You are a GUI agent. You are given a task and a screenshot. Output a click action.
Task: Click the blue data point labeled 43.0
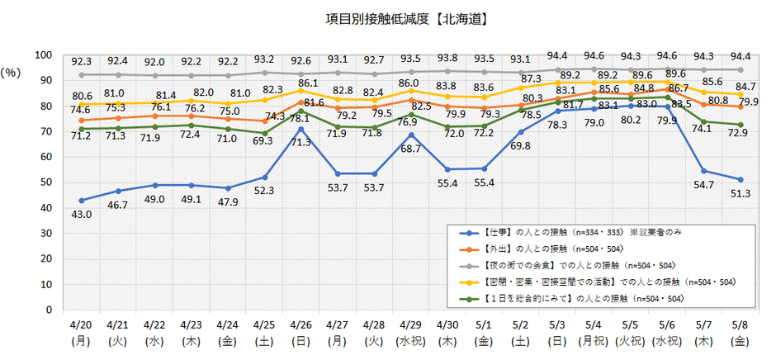tap(81, 200)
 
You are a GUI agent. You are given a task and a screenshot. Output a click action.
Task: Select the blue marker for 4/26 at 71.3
tap(302, 129)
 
